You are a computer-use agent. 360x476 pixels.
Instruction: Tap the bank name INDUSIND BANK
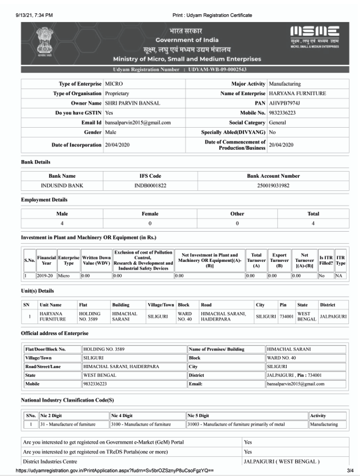(x=62, y=185)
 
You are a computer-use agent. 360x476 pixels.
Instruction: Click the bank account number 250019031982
(x=274, y=185)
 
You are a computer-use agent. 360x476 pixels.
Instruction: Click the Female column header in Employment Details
(x=150, y=214)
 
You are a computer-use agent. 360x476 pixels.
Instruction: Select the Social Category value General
(x=277, y=122)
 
